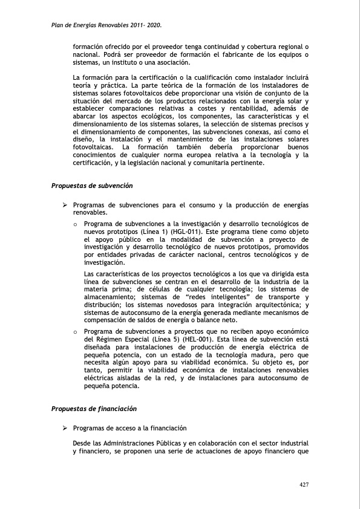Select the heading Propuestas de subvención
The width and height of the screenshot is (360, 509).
coord(92,185)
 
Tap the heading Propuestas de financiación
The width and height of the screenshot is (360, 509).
coord(94,409)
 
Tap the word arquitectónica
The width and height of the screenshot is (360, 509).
coord(280,305)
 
